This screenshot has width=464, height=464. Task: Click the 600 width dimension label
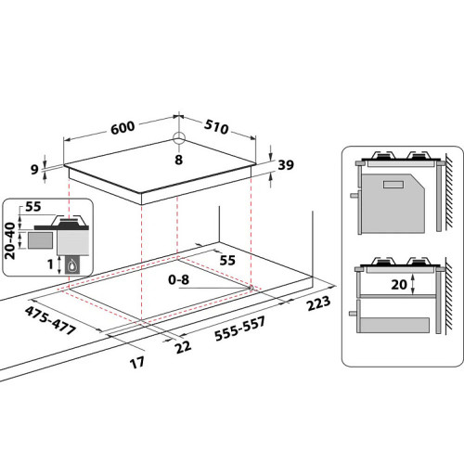tap(122, 128)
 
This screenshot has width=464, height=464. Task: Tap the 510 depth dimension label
tap(216, 126)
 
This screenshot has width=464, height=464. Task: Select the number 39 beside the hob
tap(286, 165)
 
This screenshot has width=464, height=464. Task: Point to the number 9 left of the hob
tap(34, 169)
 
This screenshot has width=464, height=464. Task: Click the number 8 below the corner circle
tap(179, 160)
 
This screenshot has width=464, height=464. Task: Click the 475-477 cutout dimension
tap(50, 320)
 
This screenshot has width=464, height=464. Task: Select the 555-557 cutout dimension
tap(240, 329)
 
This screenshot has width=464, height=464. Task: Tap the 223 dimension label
tap(318, 303)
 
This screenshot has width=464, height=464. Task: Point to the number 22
tap(183, 347)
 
